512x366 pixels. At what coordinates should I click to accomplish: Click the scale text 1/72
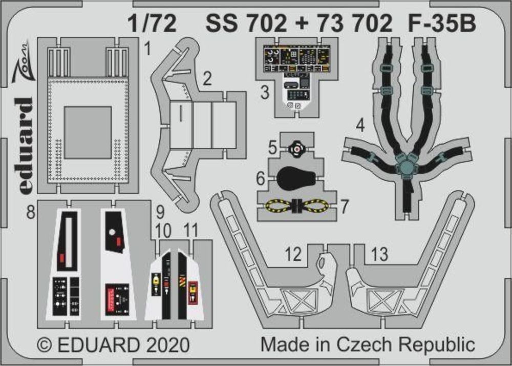coord(152,24)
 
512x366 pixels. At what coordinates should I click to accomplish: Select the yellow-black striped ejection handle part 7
coord(296,207)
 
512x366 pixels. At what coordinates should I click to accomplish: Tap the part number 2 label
coord(207,79)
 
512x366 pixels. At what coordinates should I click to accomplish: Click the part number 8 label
coord(31,212)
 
